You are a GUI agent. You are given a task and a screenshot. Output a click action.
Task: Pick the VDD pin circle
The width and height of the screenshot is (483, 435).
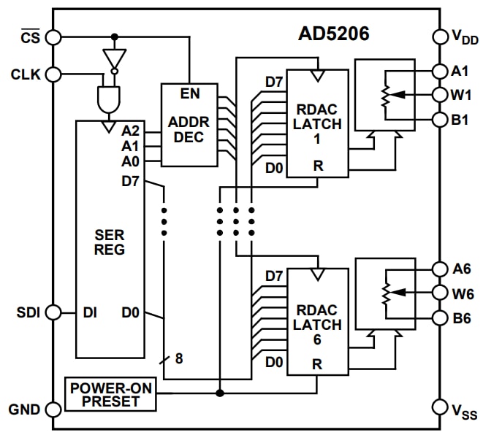pyautogui.click(x=440, y=36)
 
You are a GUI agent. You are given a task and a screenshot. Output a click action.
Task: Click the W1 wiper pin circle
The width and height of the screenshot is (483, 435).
pyautogui.click(x=440, y=95)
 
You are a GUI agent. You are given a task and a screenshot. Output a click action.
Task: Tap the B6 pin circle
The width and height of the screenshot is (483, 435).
pyautogui.click(x=440, y=317)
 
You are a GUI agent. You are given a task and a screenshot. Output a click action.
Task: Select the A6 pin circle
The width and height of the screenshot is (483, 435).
pyautogui.click(x=440, y=269)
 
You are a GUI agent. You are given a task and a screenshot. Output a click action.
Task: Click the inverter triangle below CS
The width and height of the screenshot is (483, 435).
pyautogui.click(x=114, y=59)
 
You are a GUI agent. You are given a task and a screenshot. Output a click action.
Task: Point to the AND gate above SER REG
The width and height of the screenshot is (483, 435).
pyautogui.click(x=108, y=99)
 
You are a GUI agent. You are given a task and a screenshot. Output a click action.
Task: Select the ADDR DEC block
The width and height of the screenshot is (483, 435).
pyautogui.click(x=189, y=124)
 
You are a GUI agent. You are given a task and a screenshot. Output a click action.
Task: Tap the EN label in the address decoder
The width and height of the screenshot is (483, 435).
pyautogui.click(x=190, y=94)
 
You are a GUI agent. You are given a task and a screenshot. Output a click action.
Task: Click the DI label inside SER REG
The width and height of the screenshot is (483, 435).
pyautogui.click(x=90, y=313)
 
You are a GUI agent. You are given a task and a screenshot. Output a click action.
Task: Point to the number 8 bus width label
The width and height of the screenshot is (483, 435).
pyautogui.click(x=179, y=358)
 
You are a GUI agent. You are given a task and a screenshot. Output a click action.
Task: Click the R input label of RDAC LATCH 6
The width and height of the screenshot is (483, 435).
pyautogui.click(x=318, y=363)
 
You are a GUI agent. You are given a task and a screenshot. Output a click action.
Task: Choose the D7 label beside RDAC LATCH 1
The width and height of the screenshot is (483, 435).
pyautogui.click(x=274, y=81)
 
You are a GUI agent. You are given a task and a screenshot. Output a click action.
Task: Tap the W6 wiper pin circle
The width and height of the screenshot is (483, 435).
pyautogui.click(x=440, y=293)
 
